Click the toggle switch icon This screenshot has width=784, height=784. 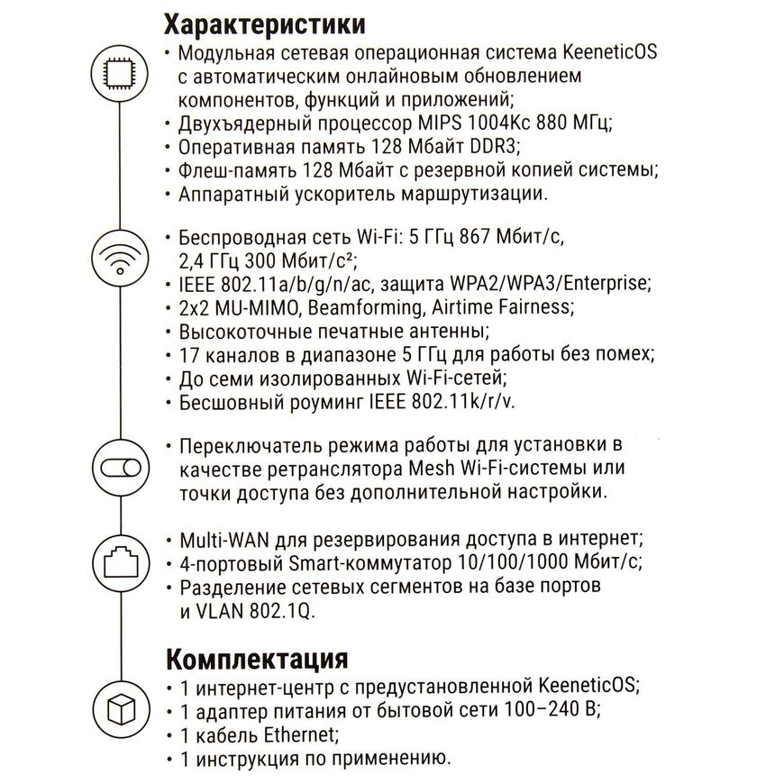(x=121, y=469)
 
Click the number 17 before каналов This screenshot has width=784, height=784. (x=189, y=354)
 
